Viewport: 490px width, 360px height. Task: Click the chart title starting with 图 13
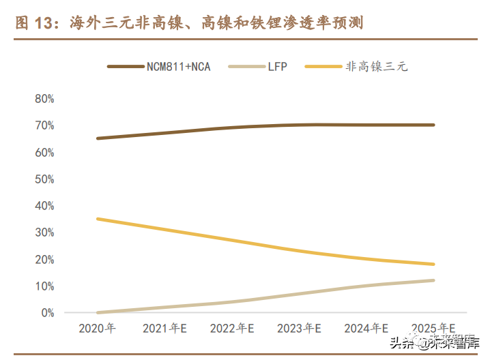[x=189, y=24]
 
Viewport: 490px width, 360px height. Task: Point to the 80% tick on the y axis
[x=44, y=99]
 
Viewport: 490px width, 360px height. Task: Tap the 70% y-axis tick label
[x=44, y=125]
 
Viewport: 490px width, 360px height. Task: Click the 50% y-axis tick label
[x=44, y=179]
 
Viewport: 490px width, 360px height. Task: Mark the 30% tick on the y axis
[x=44, y=232]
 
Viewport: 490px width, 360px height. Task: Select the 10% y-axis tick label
[x=44, y=286]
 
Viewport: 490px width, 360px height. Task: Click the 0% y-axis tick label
[x=47, y=313]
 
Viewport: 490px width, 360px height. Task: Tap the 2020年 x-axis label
[x=98, y=328]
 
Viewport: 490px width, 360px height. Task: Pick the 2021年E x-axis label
[x=164, y=328]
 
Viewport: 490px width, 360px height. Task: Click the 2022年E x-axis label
[x=232, y=328]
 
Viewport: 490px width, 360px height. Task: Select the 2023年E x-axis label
[x=299, y=328]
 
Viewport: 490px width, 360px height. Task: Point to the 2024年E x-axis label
[x=366, y=328]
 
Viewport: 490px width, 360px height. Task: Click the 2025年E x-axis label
[x=433, y=328]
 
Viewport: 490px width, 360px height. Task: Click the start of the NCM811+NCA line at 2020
[x=98, y=138]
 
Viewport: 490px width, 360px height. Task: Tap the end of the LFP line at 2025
[x=433, y=280]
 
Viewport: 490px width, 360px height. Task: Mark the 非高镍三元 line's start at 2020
[x=98, y=219]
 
